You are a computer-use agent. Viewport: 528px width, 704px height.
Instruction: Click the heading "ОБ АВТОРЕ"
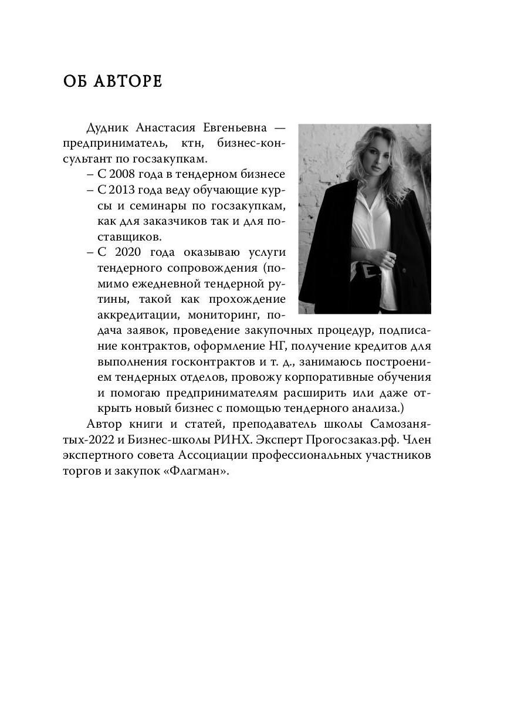click(x=113, y=82)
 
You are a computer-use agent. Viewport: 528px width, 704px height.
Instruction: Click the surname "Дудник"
click(x=107, y=128)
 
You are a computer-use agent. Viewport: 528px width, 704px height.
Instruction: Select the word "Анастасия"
click(x=167, y=128)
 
